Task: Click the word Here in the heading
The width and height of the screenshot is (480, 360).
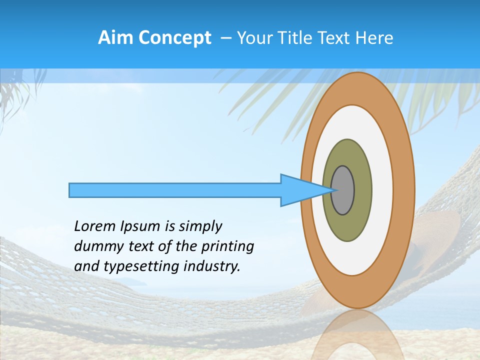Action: tap(376, 37)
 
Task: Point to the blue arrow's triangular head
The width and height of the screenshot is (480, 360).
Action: tap(300, 190)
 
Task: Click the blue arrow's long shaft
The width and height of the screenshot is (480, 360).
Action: tap(175, 190)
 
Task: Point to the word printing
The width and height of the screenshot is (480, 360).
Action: tap(227, 246)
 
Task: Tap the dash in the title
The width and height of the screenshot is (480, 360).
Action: tap(225, 37)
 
